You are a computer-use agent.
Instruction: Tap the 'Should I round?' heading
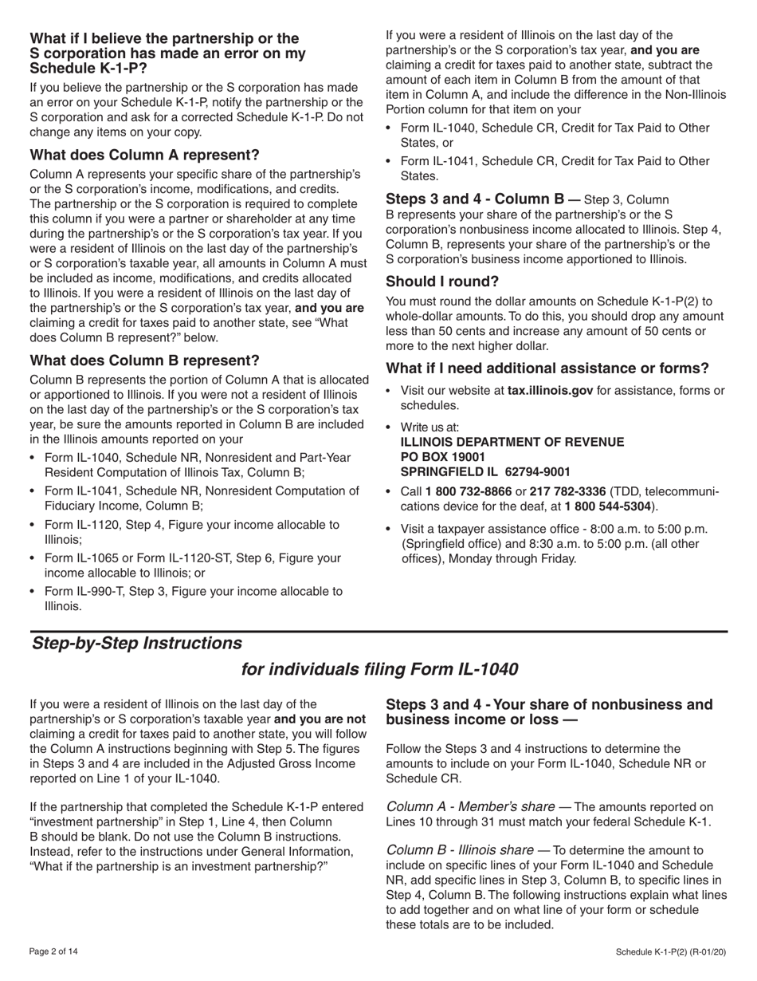(442, 282)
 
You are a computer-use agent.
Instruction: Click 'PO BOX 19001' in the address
(442, 456)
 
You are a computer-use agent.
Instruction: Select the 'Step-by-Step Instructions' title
(136, 643)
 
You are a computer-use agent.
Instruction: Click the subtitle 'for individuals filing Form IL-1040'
(379, 669)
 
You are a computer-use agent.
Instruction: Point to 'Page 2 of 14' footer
(54, 951)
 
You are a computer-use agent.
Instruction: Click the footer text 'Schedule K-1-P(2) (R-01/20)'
(671, 951)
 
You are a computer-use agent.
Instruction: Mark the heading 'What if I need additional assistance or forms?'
(547, 368)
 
